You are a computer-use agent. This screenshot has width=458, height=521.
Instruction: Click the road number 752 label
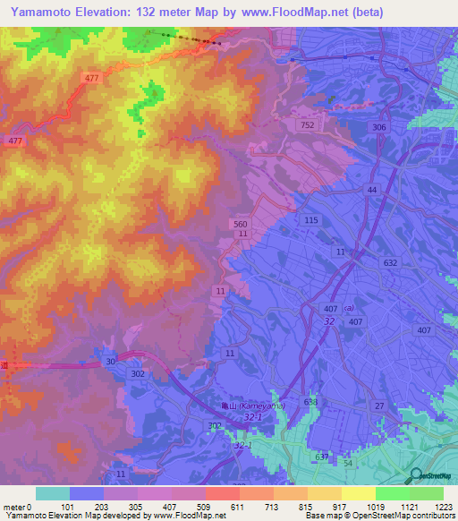(307, 126)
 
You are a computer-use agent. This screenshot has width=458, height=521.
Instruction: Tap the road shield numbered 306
(379, 128)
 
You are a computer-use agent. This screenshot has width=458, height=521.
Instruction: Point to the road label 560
(239, 224)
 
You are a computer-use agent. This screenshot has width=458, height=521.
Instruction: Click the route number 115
(311, 220)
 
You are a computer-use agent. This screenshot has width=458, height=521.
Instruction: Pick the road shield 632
(389, 262)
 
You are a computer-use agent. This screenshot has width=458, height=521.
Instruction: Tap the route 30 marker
(110, 360)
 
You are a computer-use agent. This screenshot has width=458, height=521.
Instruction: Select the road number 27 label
(379, 406)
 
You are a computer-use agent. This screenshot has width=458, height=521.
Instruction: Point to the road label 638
(310, 402)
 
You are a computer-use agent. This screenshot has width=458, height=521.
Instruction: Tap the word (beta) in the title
(368, 13)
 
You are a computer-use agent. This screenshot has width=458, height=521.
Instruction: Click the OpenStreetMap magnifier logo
(418, 477)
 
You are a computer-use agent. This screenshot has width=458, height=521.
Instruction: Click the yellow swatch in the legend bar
(358, 493)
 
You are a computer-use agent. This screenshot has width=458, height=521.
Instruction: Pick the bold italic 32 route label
(330, 320)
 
